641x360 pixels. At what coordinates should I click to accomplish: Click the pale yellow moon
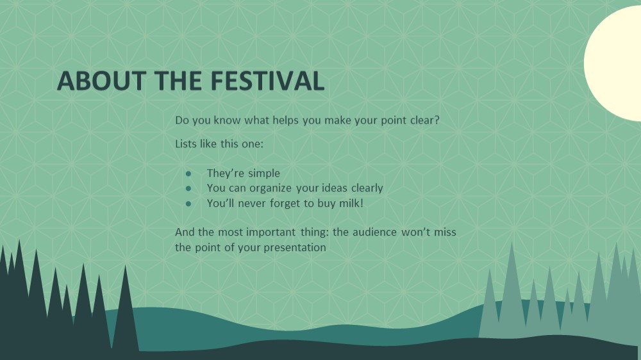tap(612, 63)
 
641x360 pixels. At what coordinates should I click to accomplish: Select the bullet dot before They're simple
tap(188, 174)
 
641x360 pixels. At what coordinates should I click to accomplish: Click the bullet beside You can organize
tap(188, 188)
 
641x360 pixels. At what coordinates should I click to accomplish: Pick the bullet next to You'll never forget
tap(188, 203)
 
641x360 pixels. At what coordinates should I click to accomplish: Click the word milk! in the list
tap(351, 203)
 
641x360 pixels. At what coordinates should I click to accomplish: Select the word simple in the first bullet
tap(264, 174)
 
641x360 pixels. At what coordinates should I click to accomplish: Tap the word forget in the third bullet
tap(285, 203)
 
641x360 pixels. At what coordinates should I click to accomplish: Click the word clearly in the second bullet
tap(367, 188)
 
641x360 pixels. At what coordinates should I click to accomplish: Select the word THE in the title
tap(178, 81)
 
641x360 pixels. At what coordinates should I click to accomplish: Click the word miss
tap(445, 232)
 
